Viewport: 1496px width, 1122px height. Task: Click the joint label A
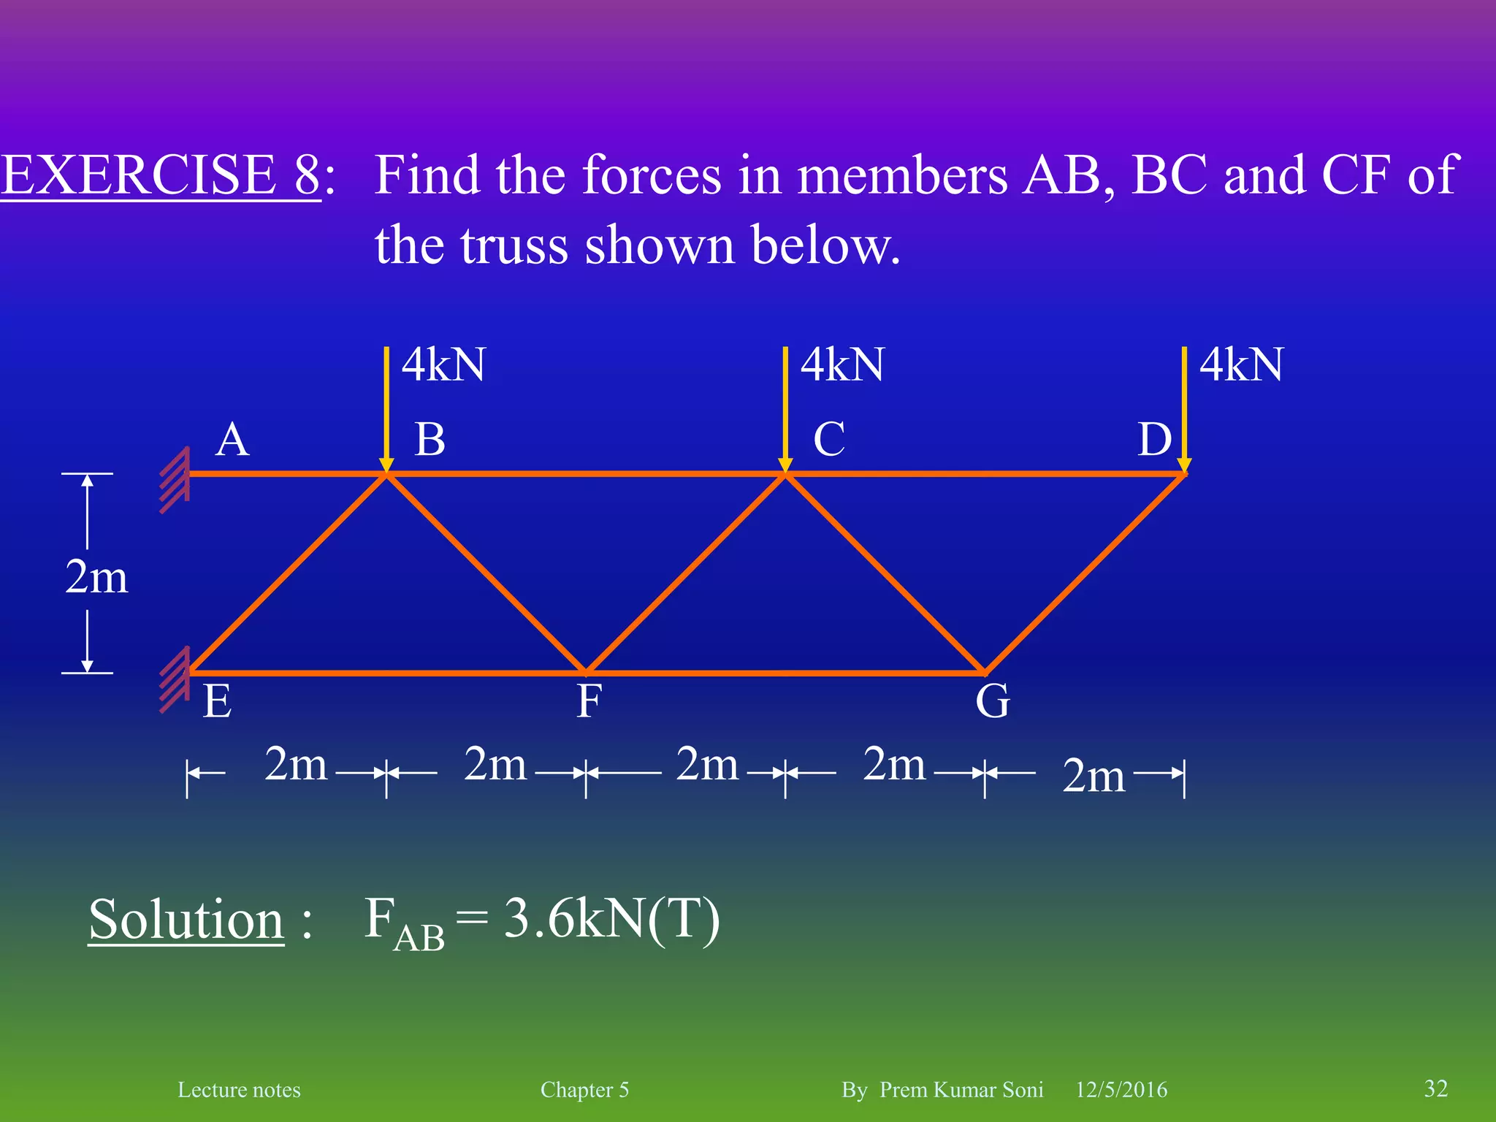(232, 440)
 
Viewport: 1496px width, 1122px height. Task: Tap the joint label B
(430, 440)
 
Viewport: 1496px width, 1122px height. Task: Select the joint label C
(829, 440)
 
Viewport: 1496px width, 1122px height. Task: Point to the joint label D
(1154, 440)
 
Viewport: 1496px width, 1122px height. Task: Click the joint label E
(218, 701)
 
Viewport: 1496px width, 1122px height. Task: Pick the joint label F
(589, 701)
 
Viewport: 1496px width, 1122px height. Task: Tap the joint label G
(993, 701)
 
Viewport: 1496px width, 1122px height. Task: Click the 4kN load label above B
(443, 365)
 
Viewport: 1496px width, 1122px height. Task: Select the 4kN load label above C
(842, 365)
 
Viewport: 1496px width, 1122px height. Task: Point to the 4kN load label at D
(1241, 365)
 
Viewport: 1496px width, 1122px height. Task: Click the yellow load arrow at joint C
(785, 409)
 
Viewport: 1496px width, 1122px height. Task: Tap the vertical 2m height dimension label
(96, 577)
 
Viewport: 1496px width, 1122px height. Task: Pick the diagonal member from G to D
(1085, 573)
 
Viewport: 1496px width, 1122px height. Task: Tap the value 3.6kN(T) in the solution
(612, 919)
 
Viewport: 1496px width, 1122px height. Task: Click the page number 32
(1435, 1088)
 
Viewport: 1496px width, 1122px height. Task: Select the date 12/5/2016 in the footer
(1121, 1090)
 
